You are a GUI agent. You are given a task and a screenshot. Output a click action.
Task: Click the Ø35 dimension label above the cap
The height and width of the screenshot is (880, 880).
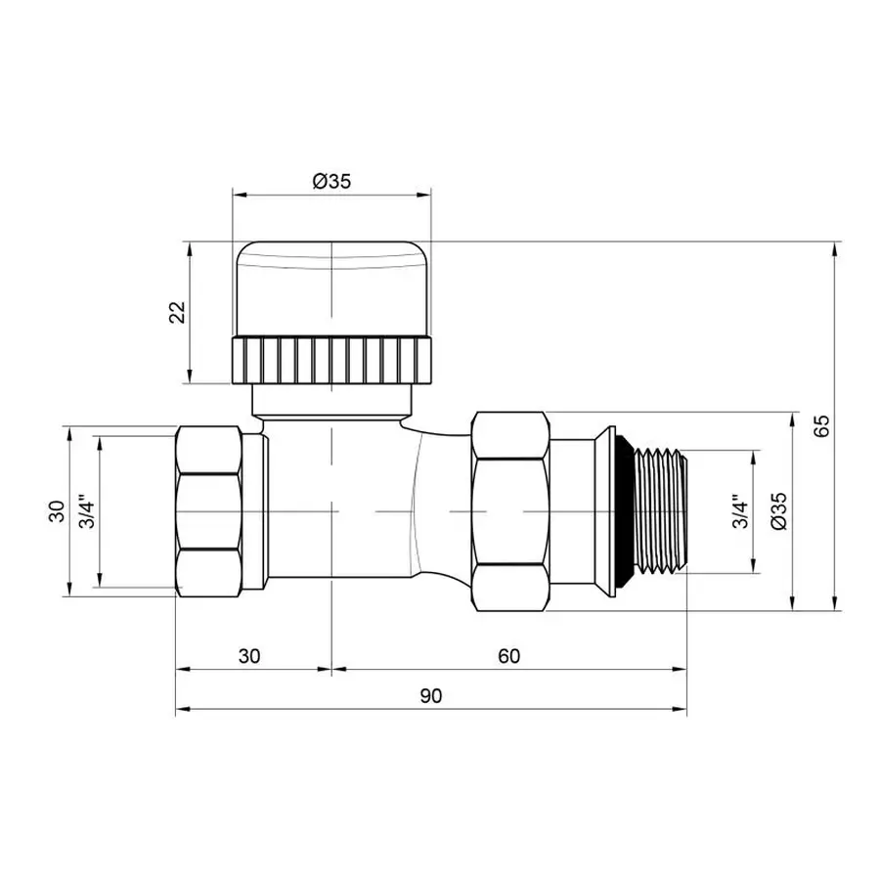[x=331, y=181]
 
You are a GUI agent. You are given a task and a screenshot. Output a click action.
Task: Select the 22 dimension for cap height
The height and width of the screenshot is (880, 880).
[x=177, y=312]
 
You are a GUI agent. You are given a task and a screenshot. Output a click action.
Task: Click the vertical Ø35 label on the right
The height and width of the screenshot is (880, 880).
[x=778, y=510]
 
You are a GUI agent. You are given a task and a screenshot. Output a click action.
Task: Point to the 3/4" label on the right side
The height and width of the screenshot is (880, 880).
[x=740, y=510]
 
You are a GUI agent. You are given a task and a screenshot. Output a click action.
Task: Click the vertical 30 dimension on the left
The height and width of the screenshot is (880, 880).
[x=55, y=510]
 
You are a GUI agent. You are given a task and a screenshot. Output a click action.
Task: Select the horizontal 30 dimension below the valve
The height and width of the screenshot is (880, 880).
[x=249, y=656]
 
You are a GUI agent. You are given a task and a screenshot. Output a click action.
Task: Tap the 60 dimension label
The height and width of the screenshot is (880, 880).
[x=508, y=656]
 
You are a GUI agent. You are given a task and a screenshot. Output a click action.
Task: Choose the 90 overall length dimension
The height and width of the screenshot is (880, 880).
[x=431, y=696]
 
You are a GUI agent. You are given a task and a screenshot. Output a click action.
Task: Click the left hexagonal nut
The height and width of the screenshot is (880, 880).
[x=207, y=510]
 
